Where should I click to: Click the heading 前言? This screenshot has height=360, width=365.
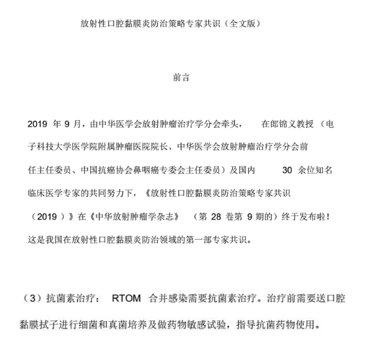[182, 78]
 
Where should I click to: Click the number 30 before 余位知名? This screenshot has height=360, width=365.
[286, 169]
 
